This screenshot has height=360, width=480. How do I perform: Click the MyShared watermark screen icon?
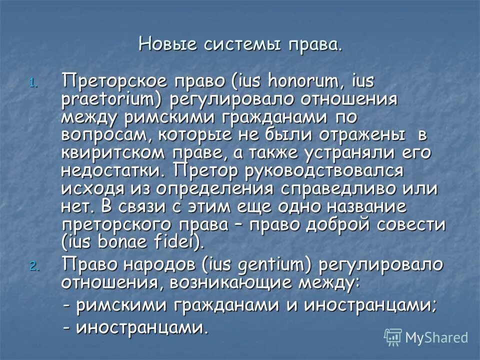(393, 337)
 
